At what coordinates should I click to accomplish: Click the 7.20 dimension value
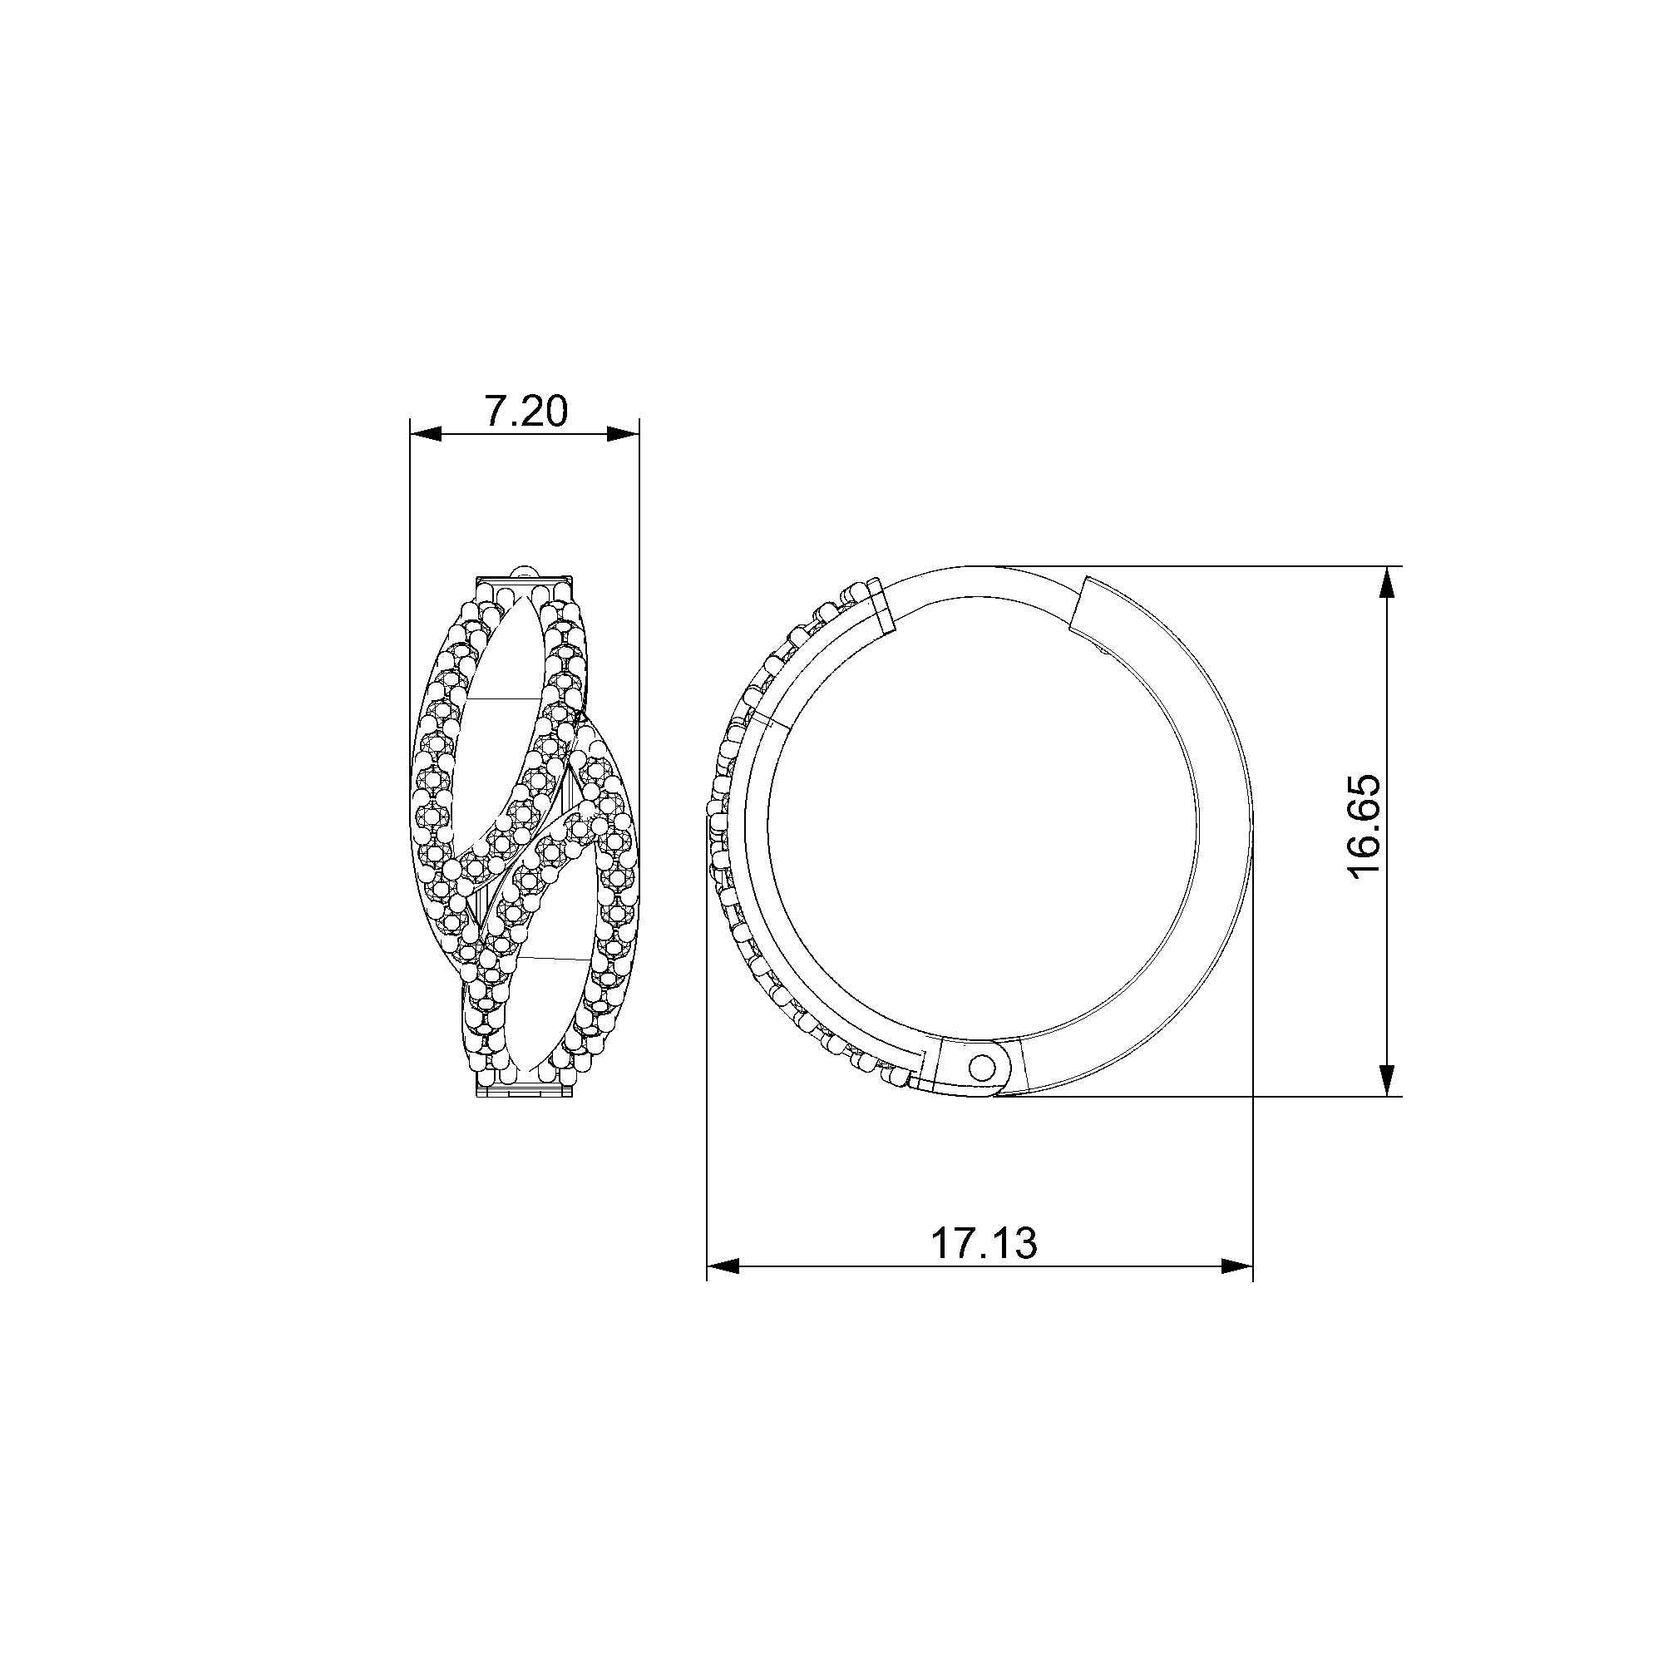[x=525, y=412]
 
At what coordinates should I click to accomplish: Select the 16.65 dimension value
[x=1364, y=827]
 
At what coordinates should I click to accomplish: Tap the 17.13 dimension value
[x=984, y=1244]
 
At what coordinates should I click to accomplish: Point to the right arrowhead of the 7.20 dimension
[x=624, y=436]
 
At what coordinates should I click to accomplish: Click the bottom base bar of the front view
[x=524, y=1094]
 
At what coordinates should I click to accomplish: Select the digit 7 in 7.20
[x=496, y=412]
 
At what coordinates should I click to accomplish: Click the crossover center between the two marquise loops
[x=525, y=839]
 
